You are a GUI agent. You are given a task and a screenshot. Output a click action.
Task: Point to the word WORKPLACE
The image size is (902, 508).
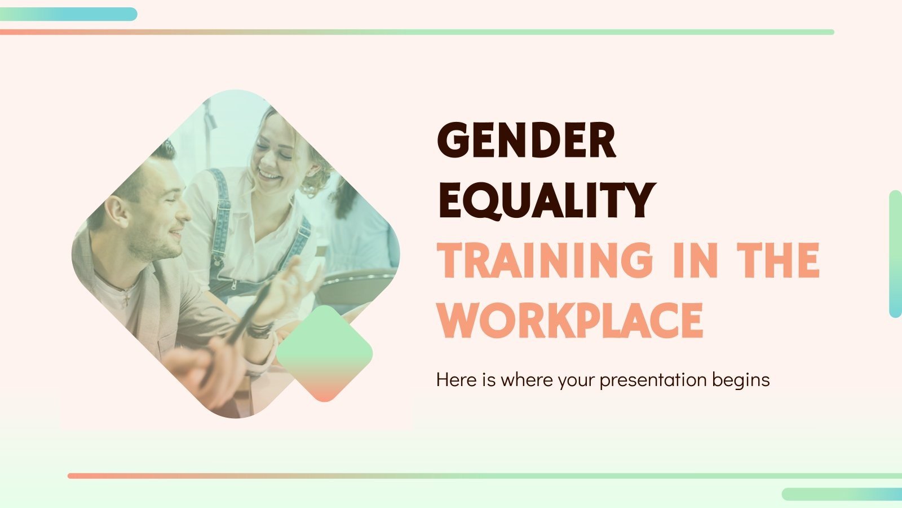pyautogui.click(x=571, y=320)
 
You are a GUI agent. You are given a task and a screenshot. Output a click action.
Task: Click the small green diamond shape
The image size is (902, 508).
pyautogui.click(x=324, y=353)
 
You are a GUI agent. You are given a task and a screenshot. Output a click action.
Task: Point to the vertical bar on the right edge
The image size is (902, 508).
pyautogui.click(x=895, y=254)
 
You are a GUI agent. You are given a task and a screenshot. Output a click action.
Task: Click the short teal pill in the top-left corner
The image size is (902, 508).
pyautogui.click(x=68, y=14)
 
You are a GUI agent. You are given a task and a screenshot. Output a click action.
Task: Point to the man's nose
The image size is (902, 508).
pyautogui.click(x=184, y=211)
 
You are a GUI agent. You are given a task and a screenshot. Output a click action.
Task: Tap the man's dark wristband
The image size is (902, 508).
pyautogui.click(x=260, y=330)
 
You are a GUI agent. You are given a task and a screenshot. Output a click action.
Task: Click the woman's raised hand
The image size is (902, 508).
pyautogui.click(x=299, y=282)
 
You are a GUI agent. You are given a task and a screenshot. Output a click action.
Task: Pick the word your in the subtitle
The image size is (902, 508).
pyautogui.click(x=577, y=380)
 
